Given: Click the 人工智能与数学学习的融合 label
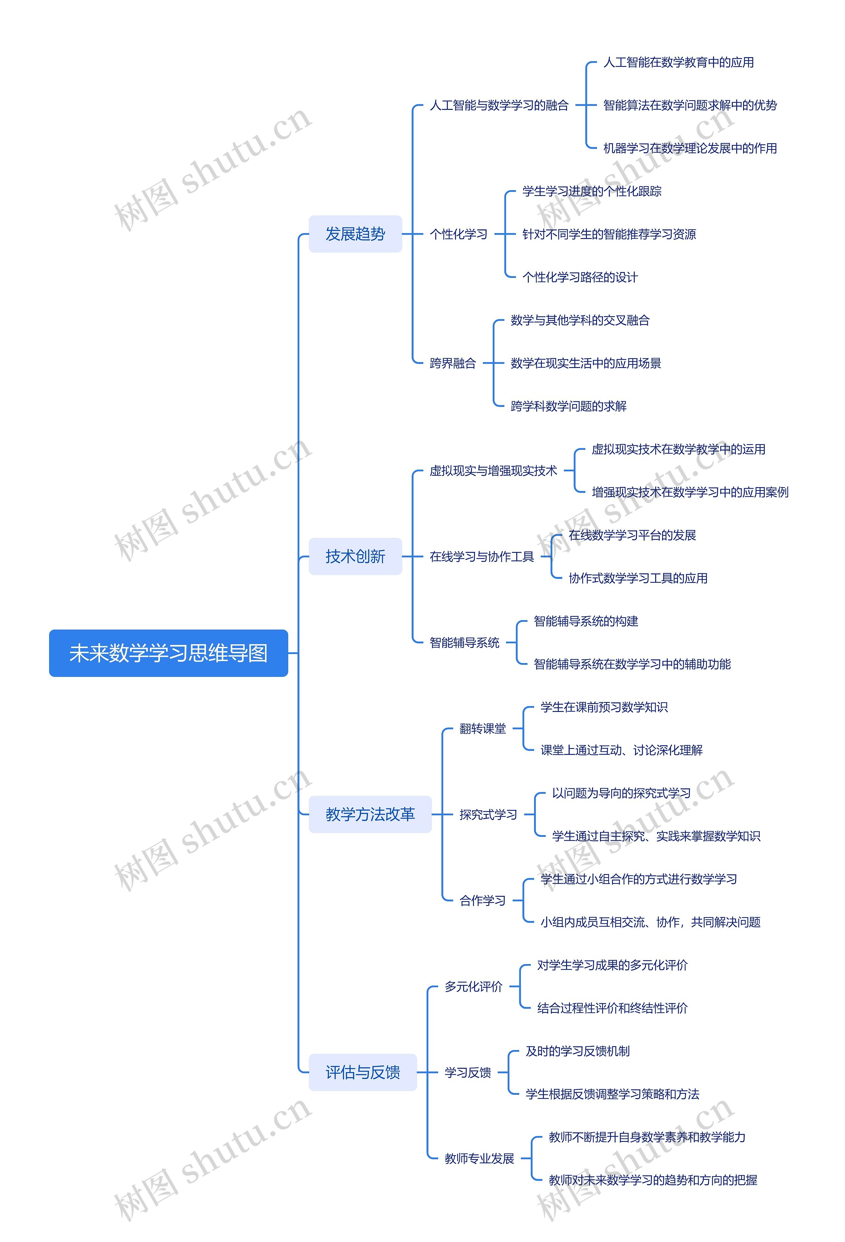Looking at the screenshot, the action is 499,105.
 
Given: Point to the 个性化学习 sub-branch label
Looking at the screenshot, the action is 458,234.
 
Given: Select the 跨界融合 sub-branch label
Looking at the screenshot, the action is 452,363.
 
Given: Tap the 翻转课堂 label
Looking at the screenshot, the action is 482,728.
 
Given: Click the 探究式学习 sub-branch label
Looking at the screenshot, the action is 488,815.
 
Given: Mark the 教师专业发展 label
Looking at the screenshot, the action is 479,1158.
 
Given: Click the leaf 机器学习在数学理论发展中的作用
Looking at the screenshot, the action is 690,148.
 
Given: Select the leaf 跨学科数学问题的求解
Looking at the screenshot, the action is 568,406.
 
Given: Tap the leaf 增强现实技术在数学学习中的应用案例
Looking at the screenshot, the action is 690,492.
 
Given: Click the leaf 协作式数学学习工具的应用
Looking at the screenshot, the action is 638,578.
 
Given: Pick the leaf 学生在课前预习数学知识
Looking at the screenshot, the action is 604,707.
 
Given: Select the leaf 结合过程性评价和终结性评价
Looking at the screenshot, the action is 612,1008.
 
